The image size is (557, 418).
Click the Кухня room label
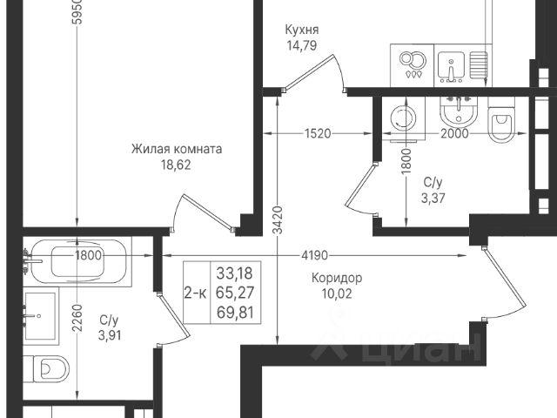pyautogui.click(x=302, y=30)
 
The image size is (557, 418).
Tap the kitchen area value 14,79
pyautogui.click(x=302, y=45)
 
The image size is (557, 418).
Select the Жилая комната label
pyautogui.click(x=177, y=149)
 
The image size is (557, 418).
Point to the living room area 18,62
pyautogui.click(x=176, y=165)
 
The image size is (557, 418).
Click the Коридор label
pyautogui.click(x=337, y=278)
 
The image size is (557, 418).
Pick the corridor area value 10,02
pyautogui.click(x=337, y=293)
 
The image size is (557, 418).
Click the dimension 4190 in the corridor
pyautogui.click(x=314, y=255)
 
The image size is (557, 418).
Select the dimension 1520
pyautogui.click(x=318, y=133)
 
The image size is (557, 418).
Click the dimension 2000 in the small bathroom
pyautogui.click(x=454, y=133)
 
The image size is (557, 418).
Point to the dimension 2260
pyautogui.click(x=77, y=318)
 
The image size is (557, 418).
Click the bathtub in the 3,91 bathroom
pyautogui.click(x=79, y=261)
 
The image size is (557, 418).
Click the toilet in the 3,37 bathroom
pyautogui.click(x=501, y=119)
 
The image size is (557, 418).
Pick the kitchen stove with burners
pyautogui.click(x=412, y=65)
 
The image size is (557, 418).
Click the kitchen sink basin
pyautogui.click(x=451, y=65)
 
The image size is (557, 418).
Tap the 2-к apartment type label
pyautogui.click(x=195, y=293)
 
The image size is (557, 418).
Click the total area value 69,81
pyautogui.click(x=235, y=313)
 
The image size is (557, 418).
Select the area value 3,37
pyautogui.click(x=433, y=198)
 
